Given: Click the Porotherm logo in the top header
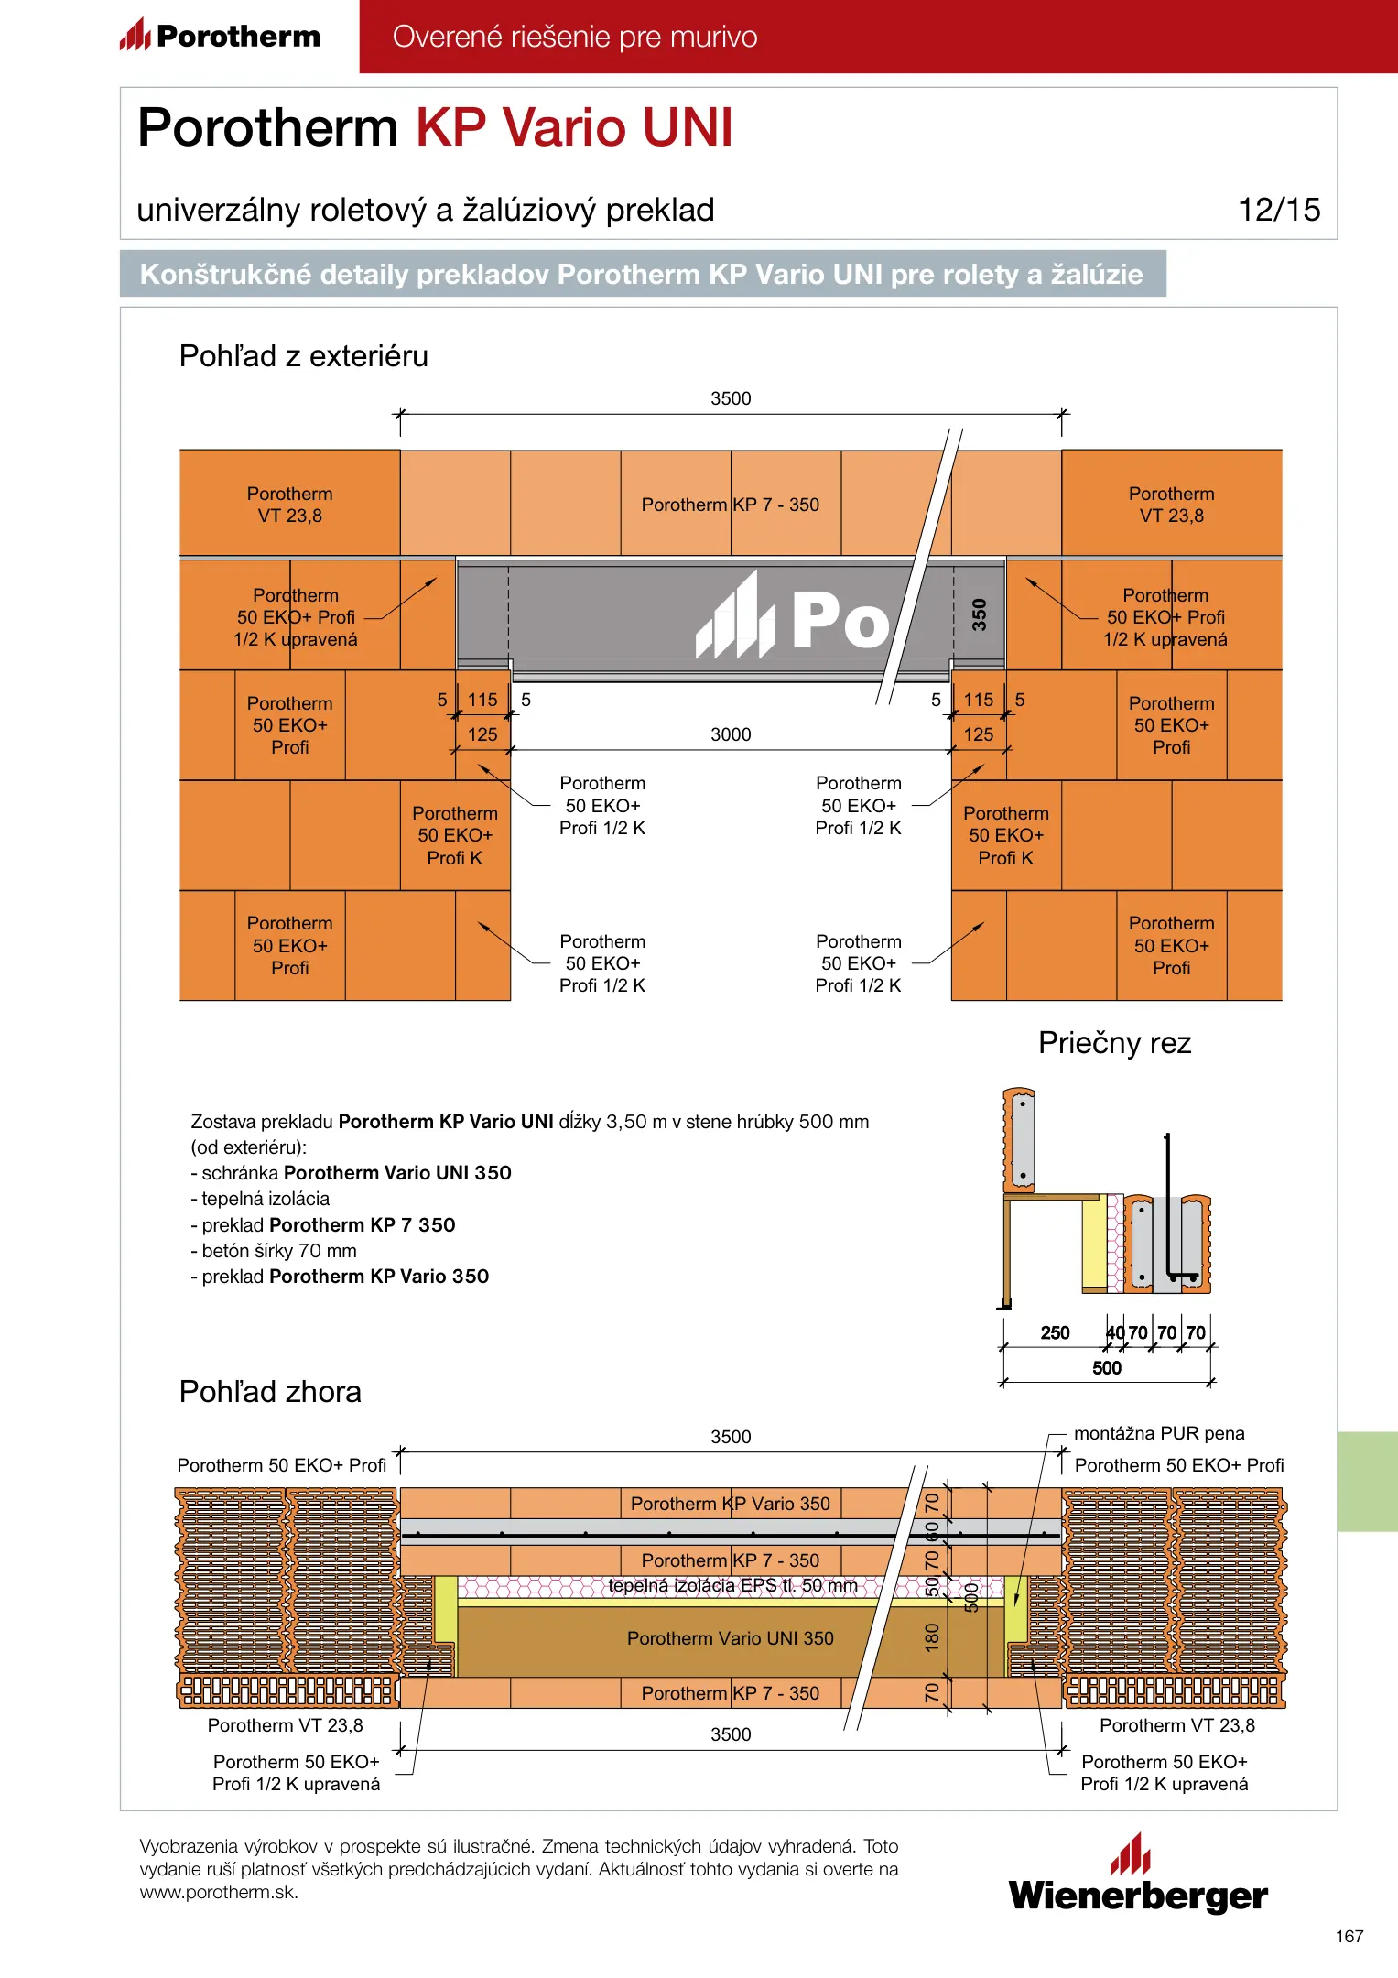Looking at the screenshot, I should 220,36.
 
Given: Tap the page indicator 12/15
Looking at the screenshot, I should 1278,210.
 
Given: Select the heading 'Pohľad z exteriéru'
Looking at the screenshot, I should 303,356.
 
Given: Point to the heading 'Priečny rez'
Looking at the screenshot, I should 1114,1043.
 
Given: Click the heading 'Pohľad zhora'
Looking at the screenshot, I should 270,1392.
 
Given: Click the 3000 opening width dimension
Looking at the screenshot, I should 731,734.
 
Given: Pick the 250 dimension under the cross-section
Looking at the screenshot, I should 1055,1332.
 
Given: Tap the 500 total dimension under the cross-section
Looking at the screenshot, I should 1106,1368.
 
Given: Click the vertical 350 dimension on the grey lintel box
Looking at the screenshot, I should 979,614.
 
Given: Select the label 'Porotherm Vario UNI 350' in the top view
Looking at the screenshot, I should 730,1638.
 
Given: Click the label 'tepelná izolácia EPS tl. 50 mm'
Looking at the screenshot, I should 732,1586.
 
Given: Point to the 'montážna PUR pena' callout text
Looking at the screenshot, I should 1159,1433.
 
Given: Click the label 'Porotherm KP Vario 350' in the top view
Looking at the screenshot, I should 730,1504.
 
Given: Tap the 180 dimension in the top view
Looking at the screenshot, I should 932,1637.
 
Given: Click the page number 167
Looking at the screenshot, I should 1349,1936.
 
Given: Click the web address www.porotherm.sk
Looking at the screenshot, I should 219,1893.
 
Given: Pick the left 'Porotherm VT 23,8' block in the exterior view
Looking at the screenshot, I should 289,505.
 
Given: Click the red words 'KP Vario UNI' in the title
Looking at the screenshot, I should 574,127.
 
